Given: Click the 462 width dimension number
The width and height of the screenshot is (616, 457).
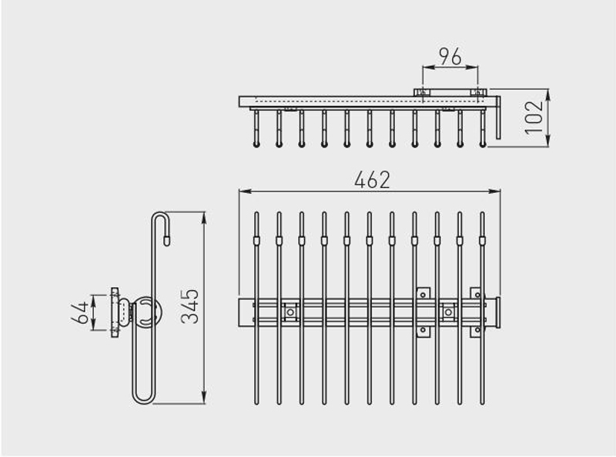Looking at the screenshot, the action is coord(372,180).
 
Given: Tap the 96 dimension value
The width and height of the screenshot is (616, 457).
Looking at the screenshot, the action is coord(450,57).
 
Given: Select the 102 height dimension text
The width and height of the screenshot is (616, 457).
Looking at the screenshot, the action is coord(534,118).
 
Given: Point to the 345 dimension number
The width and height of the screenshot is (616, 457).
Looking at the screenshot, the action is coord(190,307).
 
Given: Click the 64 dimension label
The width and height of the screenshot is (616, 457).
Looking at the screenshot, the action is coord(80,312).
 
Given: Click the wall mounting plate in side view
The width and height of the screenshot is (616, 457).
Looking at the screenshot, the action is coord(114,312).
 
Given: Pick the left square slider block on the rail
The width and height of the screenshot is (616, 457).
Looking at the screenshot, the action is coord(290,312).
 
